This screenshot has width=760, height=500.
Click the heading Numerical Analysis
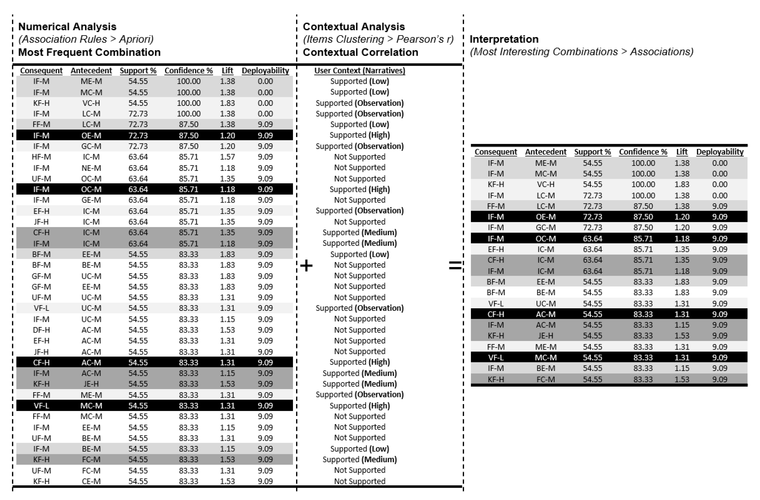point(67,26)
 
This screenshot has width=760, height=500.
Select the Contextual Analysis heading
point(353,26)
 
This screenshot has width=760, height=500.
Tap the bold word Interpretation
point(504,39)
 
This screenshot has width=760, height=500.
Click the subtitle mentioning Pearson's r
point(378,39)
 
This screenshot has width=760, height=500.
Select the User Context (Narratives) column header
point(360,71)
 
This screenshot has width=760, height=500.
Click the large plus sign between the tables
point(306,265)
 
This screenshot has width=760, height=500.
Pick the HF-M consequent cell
point(41,157)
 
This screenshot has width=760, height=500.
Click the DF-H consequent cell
point(41,330)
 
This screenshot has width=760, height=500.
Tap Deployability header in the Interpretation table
point(720,152)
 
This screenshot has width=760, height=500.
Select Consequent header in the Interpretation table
point(496,152)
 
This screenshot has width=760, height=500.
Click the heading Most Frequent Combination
point(89,52)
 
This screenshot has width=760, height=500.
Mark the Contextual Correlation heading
point(360,52)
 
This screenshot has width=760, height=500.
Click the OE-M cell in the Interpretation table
point(546,217)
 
